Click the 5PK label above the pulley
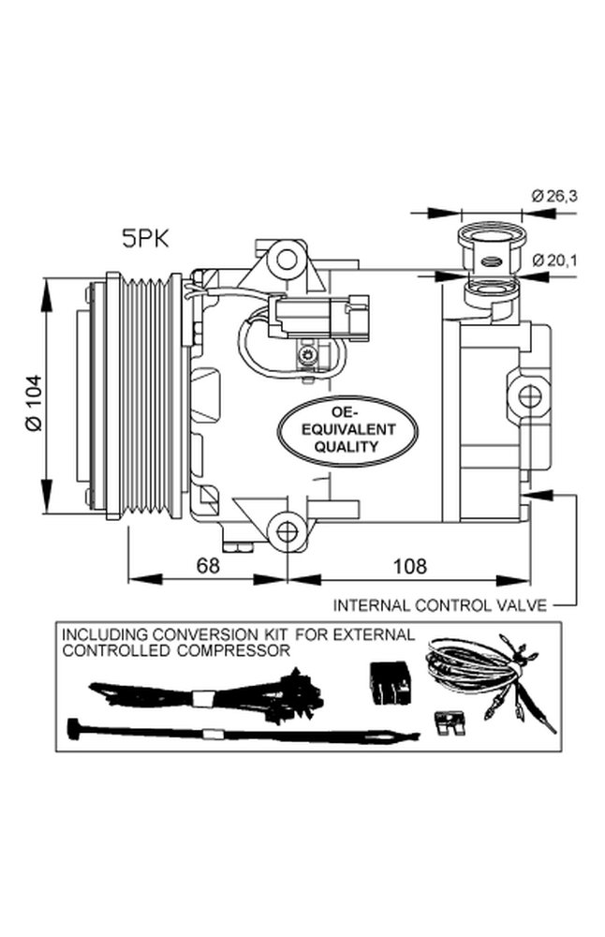pos(145,239)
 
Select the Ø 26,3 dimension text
pos(554,196)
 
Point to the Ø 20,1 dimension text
pos(554,260)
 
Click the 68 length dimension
pos(208,565)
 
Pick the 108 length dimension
pos(409,565)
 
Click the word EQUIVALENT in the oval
pos(348,429)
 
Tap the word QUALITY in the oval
pos(347,446)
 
